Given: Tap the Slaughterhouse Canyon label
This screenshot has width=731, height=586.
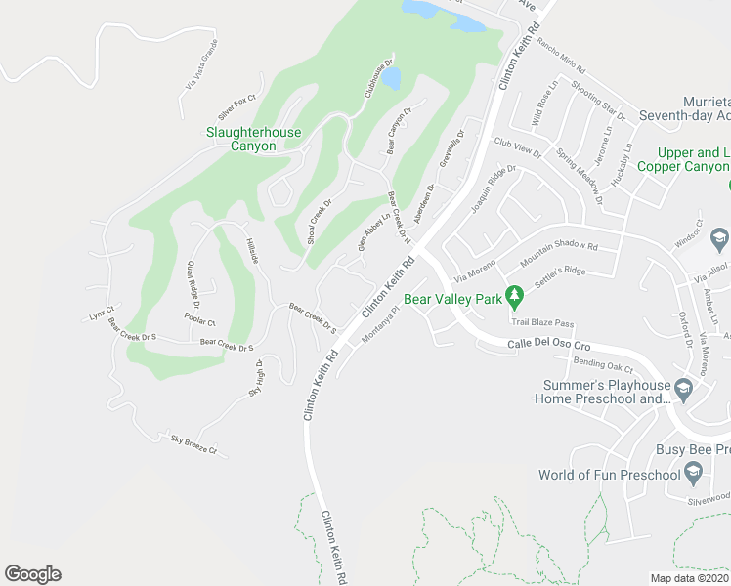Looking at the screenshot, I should click(253, 139).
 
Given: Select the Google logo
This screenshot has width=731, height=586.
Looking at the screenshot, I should click(32, 574).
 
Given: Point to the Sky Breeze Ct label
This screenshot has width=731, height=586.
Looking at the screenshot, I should click(193, 444).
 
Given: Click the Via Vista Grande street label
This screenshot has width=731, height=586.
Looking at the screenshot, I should click(200, 65).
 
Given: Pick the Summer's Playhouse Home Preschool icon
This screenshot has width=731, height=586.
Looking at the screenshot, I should click(683, 390).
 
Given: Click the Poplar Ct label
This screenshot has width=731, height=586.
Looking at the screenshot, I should click(199, 320).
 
